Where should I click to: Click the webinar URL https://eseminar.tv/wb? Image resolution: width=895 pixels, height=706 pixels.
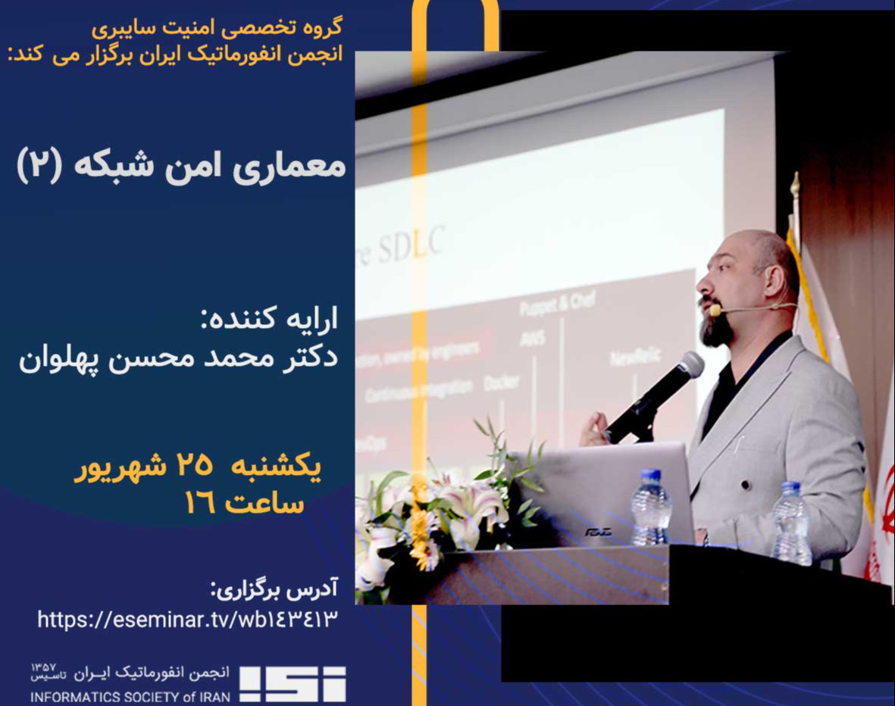point(186,620)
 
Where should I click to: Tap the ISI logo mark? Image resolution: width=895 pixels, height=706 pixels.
point(293,684)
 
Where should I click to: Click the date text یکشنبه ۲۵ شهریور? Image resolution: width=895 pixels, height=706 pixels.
point(199,468)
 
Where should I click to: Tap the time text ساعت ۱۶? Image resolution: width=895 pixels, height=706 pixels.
point(244,503)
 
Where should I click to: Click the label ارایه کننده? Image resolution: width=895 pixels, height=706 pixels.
point(270,319)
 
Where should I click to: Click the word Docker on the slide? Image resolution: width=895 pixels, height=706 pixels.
point(501,383)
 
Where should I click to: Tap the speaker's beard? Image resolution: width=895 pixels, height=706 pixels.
point(716,330)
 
